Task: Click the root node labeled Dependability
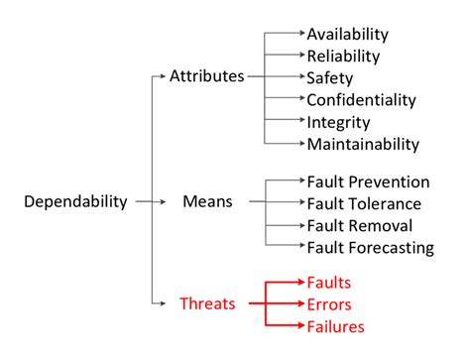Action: tap(76, 201)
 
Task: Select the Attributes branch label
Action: tap(206, 76)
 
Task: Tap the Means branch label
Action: tap(207, 201)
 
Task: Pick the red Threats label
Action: tap(207, 303)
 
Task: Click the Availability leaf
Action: tap(348, 34)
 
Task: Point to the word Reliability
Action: tap(343, 56)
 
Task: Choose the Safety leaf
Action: tap(329, 77)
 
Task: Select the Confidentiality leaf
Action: tap(362, 99)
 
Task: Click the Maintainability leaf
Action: tap(363, 144)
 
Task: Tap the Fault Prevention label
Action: tap(368, 181)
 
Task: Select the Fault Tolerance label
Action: tap(364, 203)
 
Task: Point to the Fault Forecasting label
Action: tap(370, 247)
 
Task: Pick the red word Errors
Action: tap(329, 303)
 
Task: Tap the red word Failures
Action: tap(336, 325)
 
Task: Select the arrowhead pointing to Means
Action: tap(165, 201)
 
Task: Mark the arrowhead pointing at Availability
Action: tap(298, 34)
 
